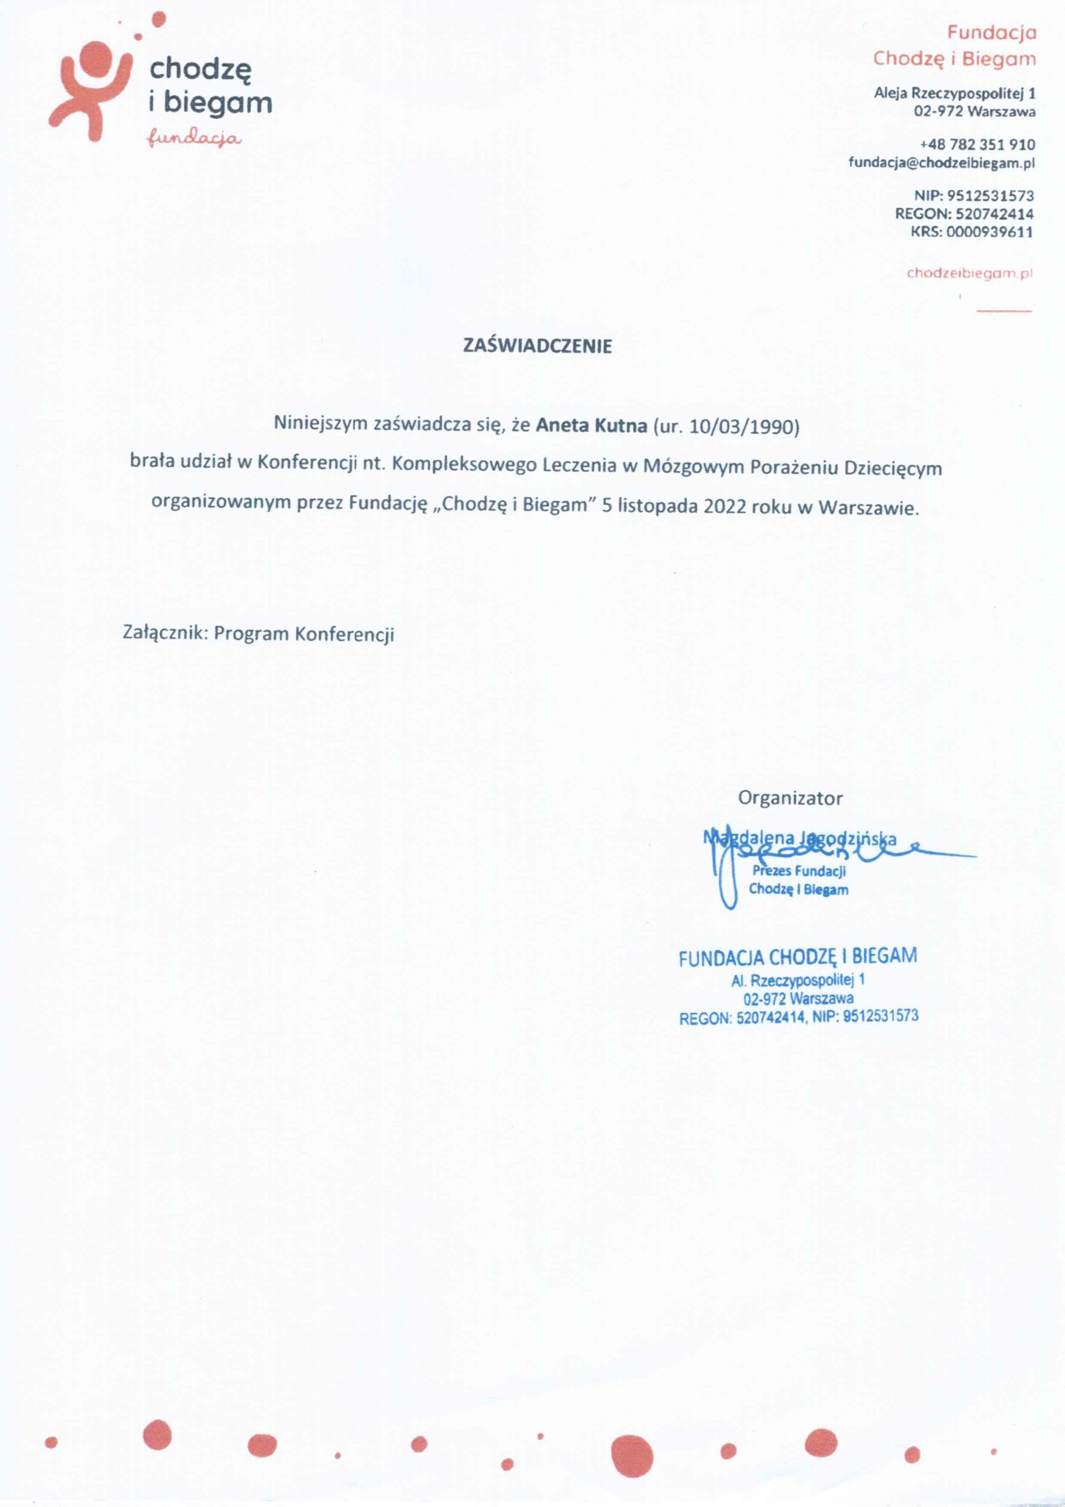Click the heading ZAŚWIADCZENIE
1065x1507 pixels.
(537, 346)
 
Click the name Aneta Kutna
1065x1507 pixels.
(591, 425)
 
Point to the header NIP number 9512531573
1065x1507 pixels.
(990, 195)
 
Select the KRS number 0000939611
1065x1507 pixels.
(989, 232)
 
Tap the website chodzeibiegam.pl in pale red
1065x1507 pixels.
(969, 273)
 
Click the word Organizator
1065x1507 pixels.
(790, 798)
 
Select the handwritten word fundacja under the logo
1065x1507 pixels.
(194, 138)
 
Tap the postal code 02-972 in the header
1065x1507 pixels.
(938, 112)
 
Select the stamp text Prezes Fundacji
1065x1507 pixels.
(799, 871)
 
